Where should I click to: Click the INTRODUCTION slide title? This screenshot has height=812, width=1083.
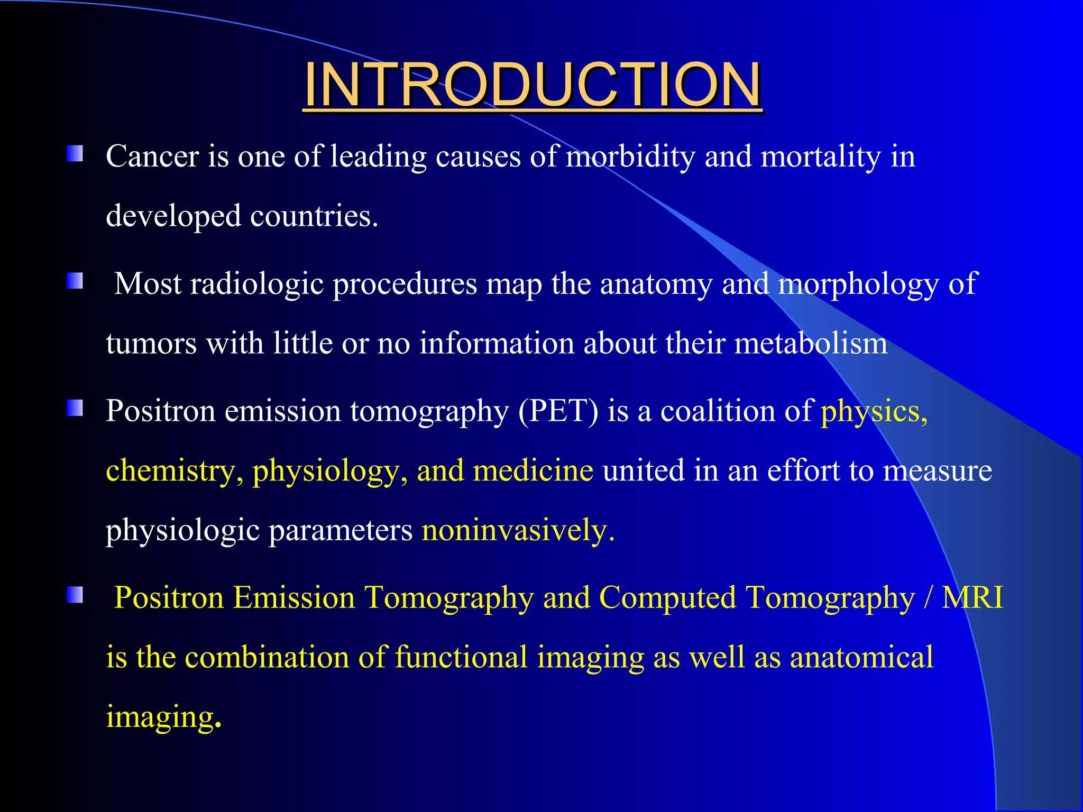click(532, 85)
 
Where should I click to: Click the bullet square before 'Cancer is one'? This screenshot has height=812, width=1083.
click(75, 154)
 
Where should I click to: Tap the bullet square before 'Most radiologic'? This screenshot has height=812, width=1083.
click(75, 281)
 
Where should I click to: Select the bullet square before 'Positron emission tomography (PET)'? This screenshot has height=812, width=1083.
click(75, 408)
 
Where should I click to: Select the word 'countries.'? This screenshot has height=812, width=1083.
click(314, 216)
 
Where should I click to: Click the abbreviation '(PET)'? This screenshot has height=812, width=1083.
click(558, 411)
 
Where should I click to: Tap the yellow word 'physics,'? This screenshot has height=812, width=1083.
click(874, 411)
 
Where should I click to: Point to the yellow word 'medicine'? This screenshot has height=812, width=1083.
click(533, 470)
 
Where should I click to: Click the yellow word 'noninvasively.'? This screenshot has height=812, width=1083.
click(518, 530)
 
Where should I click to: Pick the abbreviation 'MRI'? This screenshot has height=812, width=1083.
click(972, 598)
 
